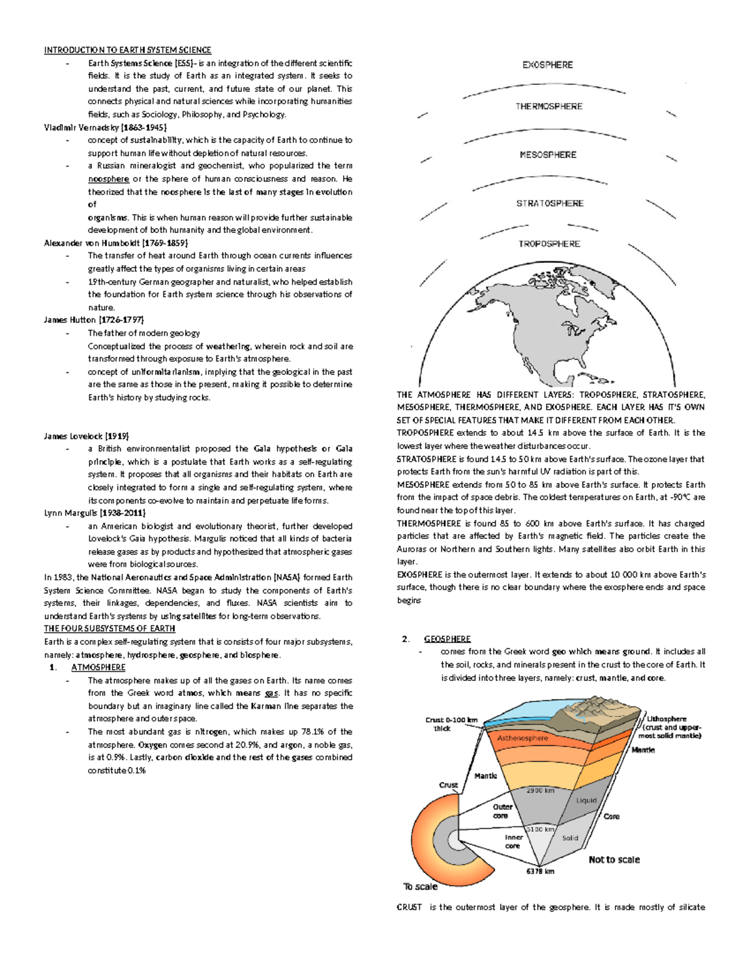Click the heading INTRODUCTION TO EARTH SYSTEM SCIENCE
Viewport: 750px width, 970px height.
(127, 50)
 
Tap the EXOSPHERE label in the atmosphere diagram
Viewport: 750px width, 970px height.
(547, 65)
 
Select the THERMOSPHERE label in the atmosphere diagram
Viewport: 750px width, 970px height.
(549, 107)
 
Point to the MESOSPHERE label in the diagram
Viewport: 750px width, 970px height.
(548, 155)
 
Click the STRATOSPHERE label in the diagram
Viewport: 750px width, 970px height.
(549, 204)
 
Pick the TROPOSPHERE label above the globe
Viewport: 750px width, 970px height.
(549, 244)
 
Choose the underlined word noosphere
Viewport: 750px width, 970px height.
(108, 179)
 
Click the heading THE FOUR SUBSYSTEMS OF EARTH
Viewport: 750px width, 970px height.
(109, 628)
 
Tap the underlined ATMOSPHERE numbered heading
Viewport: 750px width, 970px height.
(98, 667)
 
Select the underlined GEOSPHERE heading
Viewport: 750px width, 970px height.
(447, 639)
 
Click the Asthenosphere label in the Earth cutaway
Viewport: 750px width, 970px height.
(522, 738)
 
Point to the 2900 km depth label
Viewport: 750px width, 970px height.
(540, 791)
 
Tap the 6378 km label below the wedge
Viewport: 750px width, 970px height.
(539, 871)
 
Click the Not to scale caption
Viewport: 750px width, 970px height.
(614, 860)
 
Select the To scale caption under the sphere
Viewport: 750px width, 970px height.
(420, 887)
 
